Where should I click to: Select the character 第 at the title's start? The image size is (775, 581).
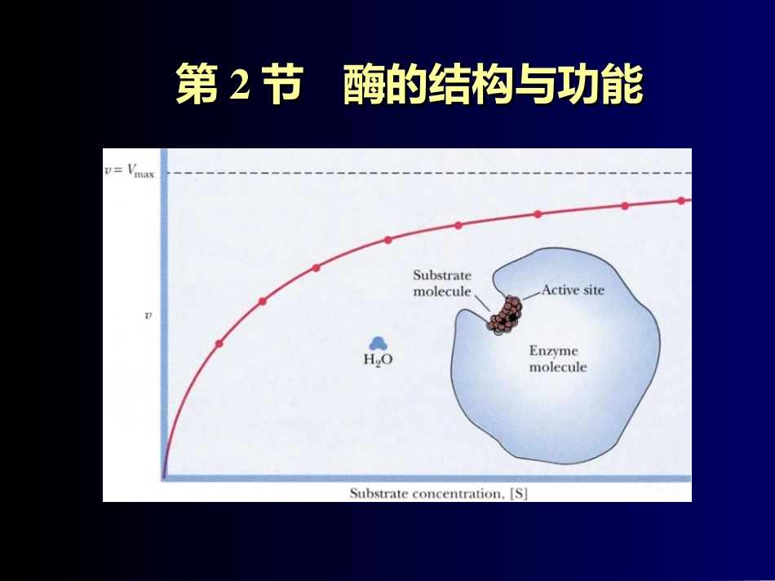[x=197, y=86]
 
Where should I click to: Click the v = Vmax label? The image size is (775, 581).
[x=129, y=172]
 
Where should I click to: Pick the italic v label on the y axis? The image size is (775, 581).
[x=148, y=315]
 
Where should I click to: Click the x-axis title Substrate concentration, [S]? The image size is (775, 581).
[x=438, y=493]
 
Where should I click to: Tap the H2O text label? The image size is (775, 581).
[x=377, y=359]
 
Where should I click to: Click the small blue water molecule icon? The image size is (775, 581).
[x=377, y=344]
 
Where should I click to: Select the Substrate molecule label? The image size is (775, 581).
[x=441, y=284]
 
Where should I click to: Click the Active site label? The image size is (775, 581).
[x=573, y=289]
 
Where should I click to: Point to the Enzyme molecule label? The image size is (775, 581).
[x=557, y=359]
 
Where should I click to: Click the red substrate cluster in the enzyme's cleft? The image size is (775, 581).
[x=505, y=315]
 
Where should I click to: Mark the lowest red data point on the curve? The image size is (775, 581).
[x=219, y=343]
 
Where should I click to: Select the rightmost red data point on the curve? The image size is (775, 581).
[x=682, y=200]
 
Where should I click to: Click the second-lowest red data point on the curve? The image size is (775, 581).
[x=263, y=301]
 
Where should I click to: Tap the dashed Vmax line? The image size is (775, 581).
[x=424, y=173]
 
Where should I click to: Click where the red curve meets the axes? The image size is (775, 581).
[x=165, y=476]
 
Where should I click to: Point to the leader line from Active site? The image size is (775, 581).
[x=531, y=293]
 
